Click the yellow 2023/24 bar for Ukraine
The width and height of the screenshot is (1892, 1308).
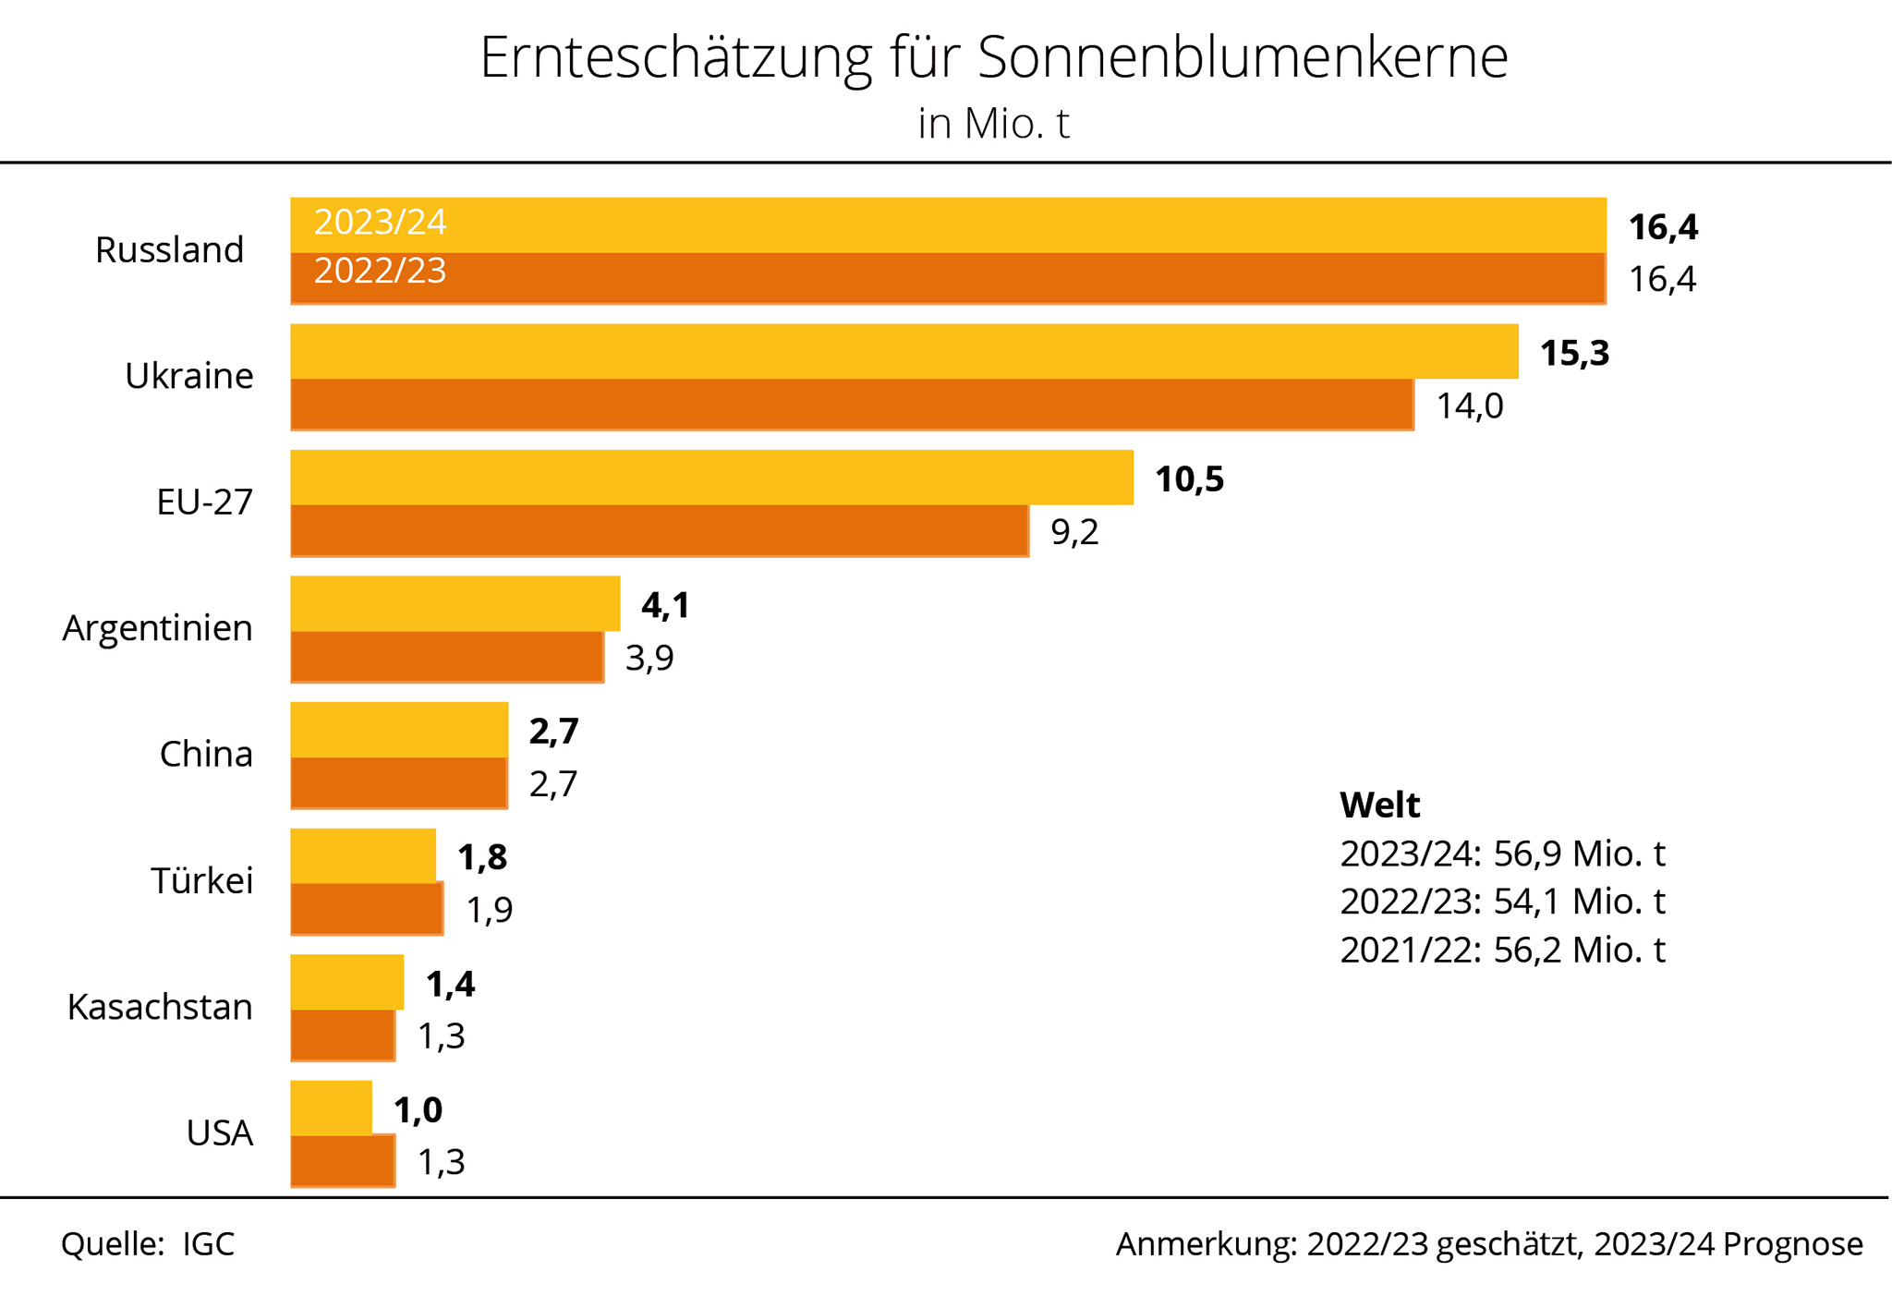[x=904, y=352]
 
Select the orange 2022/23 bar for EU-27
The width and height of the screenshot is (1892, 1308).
[x=660, y=531]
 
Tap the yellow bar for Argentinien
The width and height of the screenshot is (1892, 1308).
[x=455, y=604]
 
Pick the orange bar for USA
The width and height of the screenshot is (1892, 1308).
[x=343, y=1161]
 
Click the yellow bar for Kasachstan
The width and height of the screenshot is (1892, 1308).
[x=346, y=982]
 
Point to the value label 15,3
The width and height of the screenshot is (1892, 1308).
[x=1574, y=354]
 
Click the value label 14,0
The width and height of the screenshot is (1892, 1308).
[x=1469, y=406]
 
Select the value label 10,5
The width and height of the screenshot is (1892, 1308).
[x=1189, y=480]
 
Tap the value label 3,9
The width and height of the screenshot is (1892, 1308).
[x=649, y=659]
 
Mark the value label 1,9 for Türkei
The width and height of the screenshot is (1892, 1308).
[x=490, y=911]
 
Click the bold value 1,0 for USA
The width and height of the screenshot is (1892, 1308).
[x=418, y=1110]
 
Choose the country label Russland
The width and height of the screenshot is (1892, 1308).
[x=169, y=250]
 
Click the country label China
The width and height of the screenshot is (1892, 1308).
[x=206, y=755]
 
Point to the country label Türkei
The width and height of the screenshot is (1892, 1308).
[x=201, y=881]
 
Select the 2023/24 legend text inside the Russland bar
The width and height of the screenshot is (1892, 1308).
[x=380, y=223]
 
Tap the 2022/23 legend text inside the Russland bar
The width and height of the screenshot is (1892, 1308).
[x=380, y=272]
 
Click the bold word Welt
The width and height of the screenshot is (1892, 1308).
[x=1379, y=805]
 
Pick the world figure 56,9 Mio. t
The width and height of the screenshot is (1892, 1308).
[x=1579, y=854]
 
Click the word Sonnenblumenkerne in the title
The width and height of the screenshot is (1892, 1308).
[x=1242, y=57]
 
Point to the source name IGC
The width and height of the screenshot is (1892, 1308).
[x=208, y=1244]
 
